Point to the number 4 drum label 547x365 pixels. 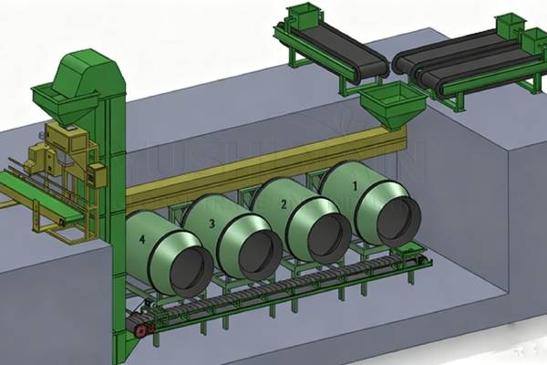click(x=141, y=240)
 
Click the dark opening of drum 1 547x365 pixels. click(x=398, y=219)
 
